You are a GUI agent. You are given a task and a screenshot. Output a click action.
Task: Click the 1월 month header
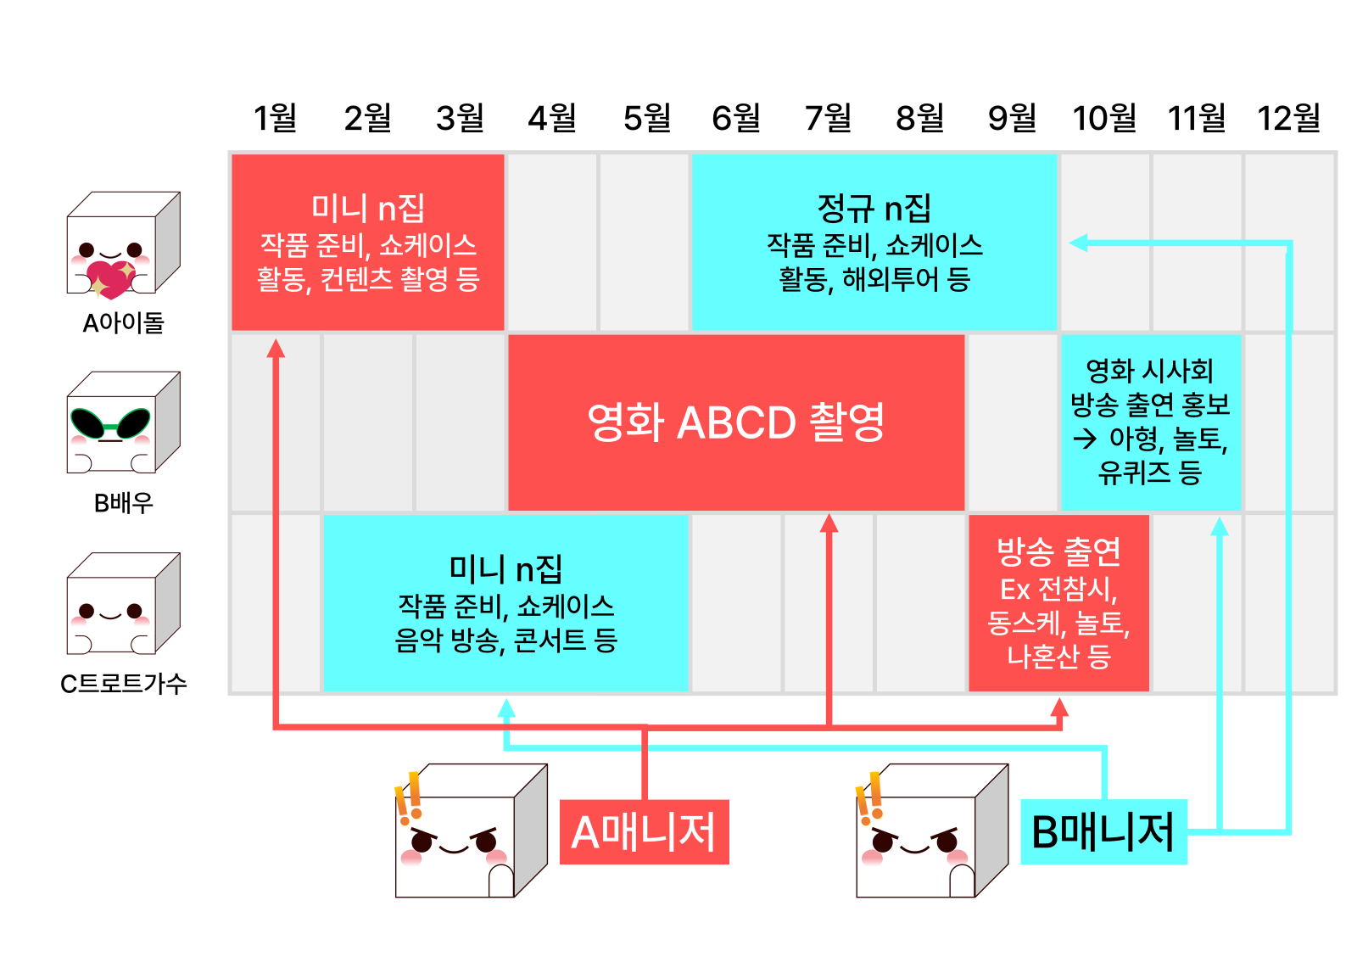pyautogui.click(x=276, y=118)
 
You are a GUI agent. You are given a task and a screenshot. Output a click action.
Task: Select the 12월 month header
pyautogui.click(x=1288, y=118)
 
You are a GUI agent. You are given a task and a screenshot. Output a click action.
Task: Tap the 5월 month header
pyautogui.click(x=646, y=118)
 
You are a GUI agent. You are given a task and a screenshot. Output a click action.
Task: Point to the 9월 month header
pyautogui.click(x=1012, y=118)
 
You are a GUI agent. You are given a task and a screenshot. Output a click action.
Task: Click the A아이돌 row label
pyautogui.click(x=123, y=323)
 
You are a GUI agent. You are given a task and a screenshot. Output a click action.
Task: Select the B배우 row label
pyautogui.click(x=123, y=503)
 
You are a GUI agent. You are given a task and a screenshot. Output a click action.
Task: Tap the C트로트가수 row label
pyautogui.click(x=123, y=684)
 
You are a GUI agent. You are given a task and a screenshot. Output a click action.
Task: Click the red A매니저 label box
pyautogui.click(x=644, y=831)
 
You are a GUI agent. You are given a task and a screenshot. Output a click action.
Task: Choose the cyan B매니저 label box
pyautogui.click(x=1103, y=831)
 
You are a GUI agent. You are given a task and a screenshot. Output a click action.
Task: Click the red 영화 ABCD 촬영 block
pyautogui.click(x=735, y=422)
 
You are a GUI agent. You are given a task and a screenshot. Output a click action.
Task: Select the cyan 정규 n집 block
pyautogui.click(x=874, y=242)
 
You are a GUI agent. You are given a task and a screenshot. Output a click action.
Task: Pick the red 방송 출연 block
pyautogui.click(x=1058, y=602)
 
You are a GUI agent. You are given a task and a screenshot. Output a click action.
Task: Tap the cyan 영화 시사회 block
pyautogui.click(x=1150, y=422)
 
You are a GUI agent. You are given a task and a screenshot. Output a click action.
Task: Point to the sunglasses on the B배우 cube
pyautogui.click(x=110, y=422)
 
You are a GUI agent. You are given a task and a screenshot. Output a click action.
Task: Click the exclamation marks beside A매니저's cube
pyautogui.click(x=410, y=798)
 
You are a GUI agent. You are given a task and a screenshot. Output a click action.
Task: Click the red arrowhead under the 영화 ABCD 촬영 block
pyautogui.click(x=829, y=523)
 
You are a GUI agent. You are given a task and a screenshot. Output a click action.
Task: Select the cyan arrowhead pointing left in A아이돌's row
pyautogui.click(x=1078, y=243)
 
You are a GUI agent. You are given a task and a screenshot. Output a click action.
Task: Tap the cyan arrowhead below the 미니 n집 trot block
pyautogui.click(x=506, y=708)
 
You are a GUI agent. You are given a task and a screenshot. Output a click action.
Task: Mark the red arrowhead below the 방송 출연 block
pyautogui.click(x=1058, y=707)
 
